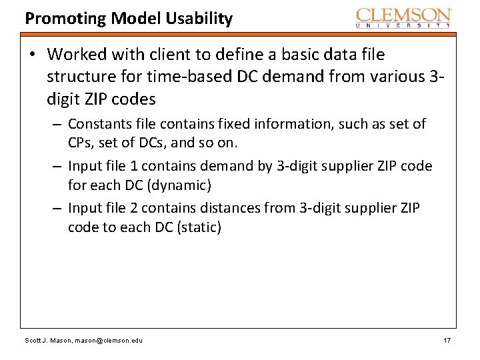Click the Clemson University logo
[x=403, y=17]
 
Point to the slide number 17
[x=447, y=341]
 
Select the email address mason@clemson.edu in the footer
[x=108, y=341]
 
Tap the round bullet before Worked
[x=32, y=54]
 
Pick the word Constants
[x=98, y=124]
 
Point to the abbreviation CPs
[x=79, y=143]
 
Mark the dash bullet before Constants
[x=59, y=125]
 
